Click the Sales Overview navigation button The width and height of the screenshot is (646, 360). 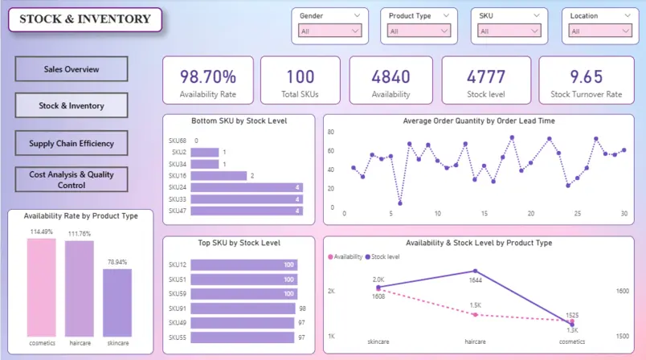pyautogui.click(x=72, y=69)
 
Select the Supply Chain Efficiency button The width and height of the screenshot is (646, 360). pyautogui.click(x=72, y=144)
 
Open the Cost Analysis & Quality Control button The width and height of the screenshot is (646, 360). pyautogui.click(x=72, y=179)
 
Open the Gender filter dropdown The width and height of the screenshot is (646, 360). pyautogui.click(x=330, y=31)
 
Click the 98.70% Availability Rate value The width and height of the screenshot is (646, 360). pyautogui.click(x=208, y=77)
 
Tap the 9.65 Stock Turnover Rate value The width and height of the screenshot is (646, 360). pyautogui.click(x=586, y=77)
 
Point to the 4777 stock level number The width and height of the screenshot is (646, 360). pyautogui.click(x=486, y=77)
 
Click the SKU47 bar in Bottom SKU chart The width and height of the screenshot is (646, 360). pyautogui.click(x=247, y=211)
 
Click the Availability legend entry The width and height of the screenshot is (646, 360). pyautogui.click(x=345, y=256)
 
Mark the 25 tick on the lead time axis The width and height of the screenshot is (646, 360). pyautogui.click(x=577, y=214)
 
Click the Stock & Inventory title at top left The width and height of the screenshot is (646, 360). pyautogui.click(x=85, y=19)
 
